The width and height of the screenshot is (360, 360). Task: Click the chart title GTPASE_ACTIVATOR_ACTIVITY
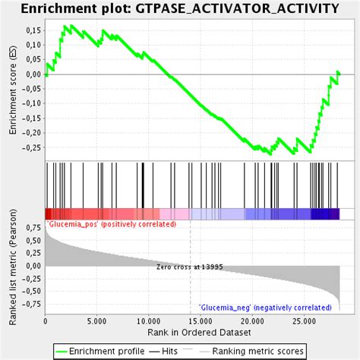click(x=179, y=8)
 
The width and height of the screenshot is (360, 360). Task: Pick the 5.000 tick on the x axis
click(x=97, y=321)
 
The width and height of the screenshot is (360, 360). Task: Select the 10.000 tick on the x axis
click(x=148, y=321)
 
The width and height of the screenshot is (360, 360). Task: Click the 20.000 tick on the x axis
click(x=252, y=321)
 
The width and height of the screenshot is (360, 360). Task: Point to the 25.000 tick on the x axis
click(x=304, y=321)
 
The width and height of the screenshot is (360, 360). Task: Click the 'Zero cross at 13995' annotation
click(x=190, y=267)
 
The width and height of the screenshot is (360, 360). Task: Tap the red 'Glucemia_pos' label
click(x=112, y=224)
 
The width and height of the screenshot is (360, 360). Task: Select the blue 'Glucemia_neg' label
click(x=265, y=308)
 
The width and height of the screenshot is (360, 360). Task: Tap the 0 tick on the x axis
click(x=46, y=321)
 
